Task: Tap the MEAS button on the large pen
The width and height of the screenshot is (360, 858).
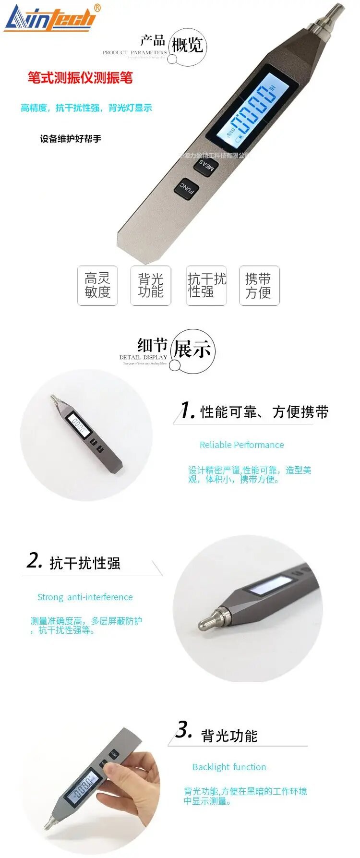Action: [206, 166]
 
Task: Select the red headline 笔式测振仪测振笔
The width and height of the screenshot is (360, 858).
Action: [80, 78]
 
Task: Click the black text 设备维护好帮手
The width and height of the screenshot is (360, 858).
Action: [71, 139]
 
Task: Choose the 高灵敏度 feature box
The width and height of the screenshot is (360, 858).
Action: [97, 285]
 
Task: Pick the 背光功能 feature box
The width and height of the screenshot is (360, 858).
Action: [151, 285]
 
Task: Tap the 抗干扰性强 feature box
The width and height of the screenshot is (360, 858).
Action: [206, 285]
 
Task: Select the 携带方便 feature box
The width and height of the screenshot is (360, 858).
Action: [259, 285]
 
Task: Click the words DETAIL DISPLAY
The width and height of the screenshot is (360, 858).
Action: [143, 357]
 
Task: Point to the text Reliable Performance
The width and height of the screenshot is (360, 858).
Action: [241, 445]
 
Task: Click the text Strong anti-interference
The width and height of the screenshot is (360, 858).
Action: [85, 597]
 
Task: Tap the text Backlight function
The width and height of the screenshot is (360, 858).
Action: [229, 767]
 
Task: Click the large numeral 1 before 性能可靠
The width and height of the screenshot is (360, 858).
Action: [186, 411]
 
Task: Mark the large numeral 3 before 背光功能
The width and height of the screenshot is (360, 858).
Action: [183, 730]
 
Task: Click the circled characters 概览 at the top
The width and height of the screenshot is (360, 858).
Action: [187, 46]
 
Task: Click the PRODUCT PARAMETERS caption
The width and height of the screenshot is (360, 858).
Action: [134, 52]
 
